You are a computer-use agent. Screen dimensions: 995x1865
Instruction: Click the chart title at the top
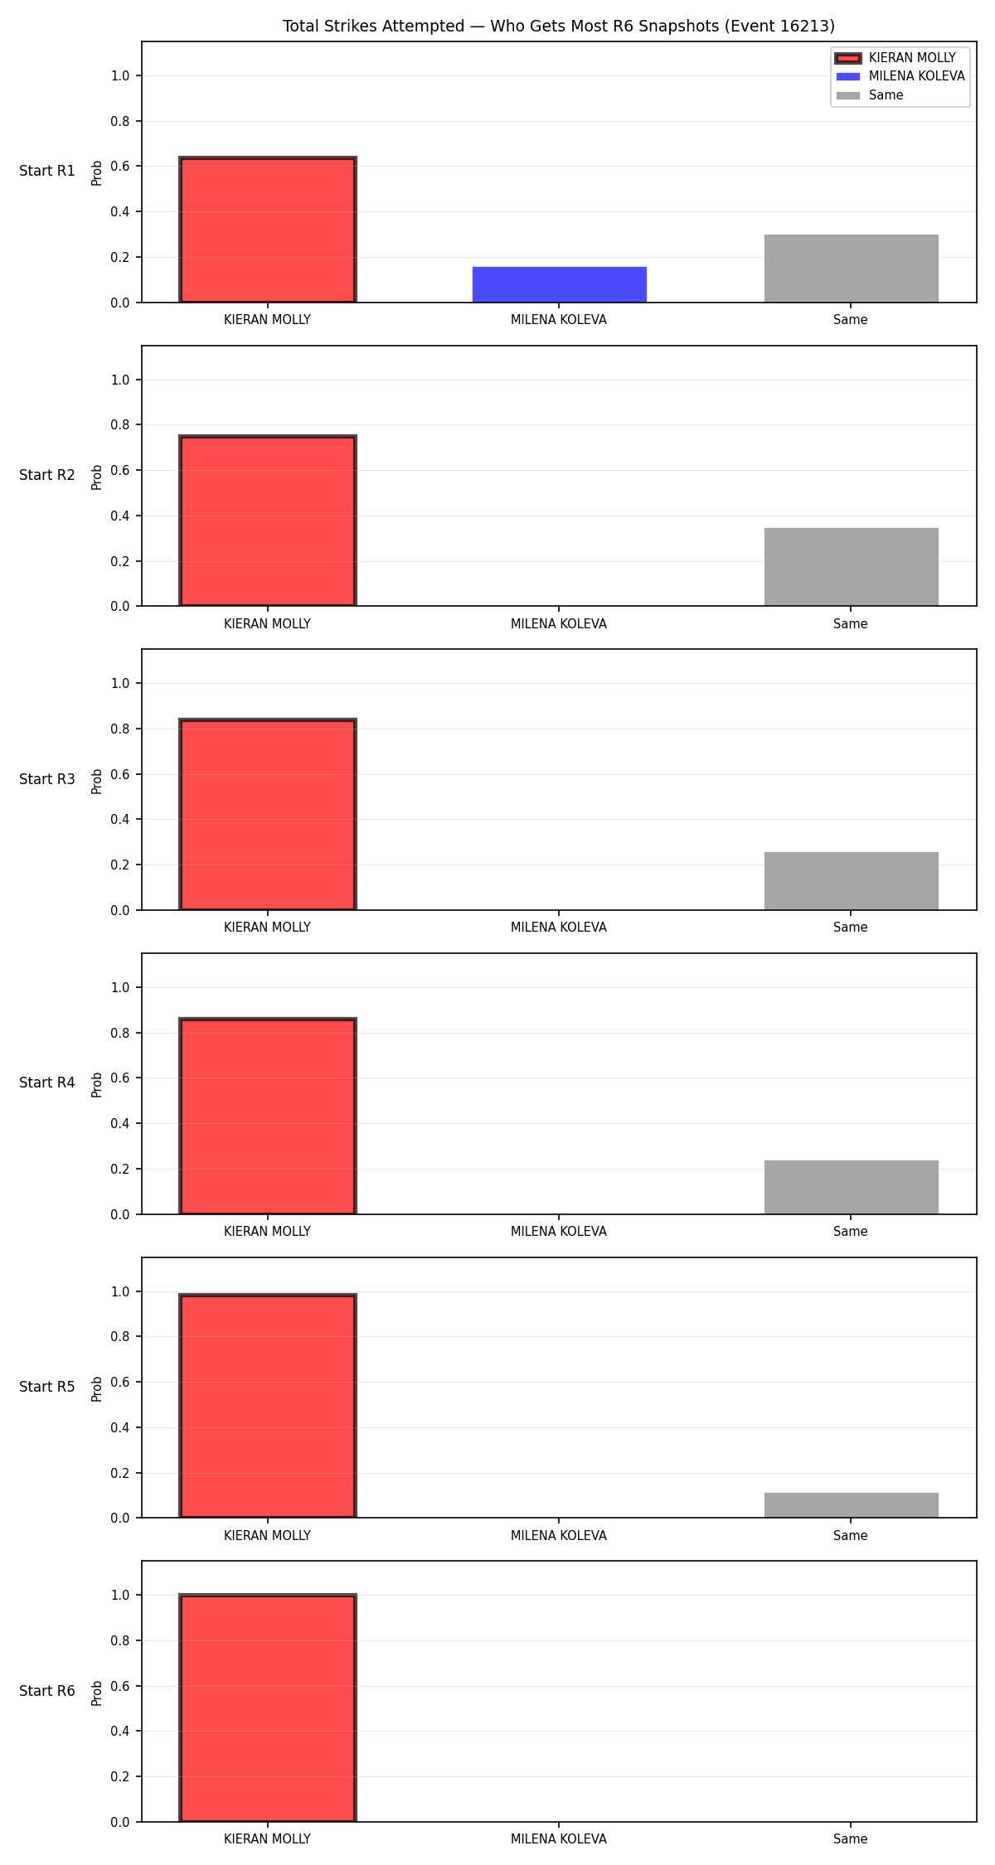click(x=559, y=27)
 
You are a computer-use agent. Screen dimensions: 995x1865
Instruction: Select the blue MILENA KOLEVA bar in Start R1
click(x=560, y=284)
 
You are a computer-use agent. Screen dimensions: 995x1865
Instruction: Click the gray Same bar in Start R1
click(x=852, y=269)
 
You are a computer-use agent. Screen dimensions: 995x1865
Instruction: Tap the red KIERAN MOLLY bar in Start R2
click(x=268, y=521)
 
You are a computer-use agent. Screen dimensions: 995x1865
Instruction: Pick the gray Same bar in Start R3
click(x=852, y=881)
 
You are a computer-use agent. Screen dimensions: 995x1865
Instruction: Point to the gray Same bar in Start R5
click(x=852, y=1505)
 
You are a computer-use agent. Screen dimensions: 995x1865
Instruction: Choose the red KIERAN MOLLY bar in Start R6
click(x=268, y=1708)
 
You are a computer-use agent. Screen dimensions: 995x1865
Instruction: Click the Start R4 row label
click(x=47, y=1083)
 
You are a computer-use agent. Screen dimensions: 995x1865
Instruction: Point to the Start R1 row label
click(x=47, y=171)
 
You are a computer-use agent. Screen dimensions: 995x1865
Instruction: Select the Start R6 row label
click(x=47, y=1691)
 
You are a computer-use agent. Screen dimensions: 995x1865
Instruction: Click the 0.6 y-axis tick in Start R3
click(x=120, y=774)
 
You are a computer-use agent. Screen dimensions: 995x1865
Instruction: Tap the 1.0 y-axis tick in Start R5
click(x=120, y=1291)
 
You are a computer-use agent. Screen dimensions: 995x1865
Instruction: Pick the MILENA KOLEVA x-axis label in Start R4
click(x=559, y=1232)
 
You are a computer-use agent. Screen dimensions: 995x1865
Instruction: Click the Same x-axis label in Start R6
click(x=851, y=1839)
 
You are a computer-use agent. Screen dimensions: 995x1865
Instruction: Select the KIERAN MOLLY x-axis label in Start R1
click(x=267, y=320)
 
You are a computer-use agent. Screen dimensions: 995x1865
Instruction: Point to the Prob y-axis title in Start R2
click(x=97, y=477)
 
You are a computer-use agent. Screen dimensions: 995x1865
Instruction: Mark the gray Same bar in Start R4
click(x=852, y=1187)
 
